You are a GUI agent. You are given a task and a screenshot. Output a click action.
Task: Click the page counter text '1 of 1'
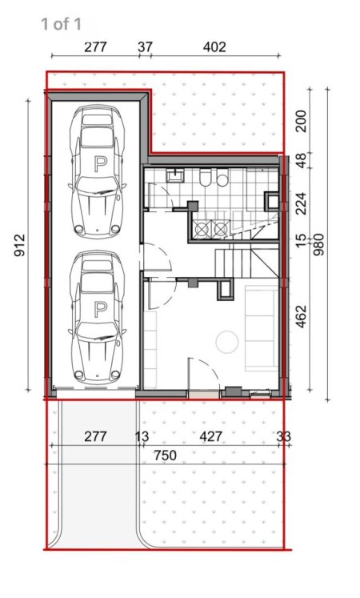tap(61, 24)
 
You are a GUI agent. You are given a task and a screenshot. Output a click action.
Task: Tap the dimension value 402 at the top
tap(214, 47)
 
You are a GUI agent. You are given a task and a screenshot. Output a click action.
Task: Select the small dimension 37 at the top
tap(145, 47)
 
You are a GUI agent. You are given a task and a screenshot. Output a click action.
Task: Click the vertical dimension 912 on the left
tap(18, 247)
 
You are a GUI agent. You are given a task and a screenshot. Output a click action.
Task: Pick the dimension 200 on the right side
tap(300, 121)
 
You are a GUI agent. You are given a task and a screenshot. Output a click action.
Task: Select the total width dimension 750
tap(166, 455)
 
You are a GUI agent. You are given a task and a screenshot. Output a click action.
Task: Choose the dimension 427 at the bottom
tap(210, 436)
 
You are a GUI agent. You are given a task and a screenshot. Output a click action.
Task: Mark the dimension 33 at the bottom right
tap(283, 436)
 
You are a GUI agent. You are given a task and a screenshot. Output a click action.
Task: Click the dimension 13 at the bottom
tap(142, 436)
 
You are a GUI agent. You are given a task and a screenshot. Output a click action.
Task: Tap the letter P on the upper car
tap(100, 165)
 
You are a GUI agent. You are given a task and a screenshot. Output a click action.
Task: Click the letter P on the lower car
tap(100, 308)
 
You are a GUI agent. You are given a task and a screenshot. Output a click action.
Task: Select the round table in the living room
tap(228, 343)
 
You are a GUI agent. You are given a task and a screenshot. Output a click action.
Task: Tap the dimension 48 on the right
tap(300, 159)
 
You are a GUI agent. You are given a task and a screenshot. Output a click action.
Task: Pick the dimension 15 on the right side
tap(300, 239)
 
